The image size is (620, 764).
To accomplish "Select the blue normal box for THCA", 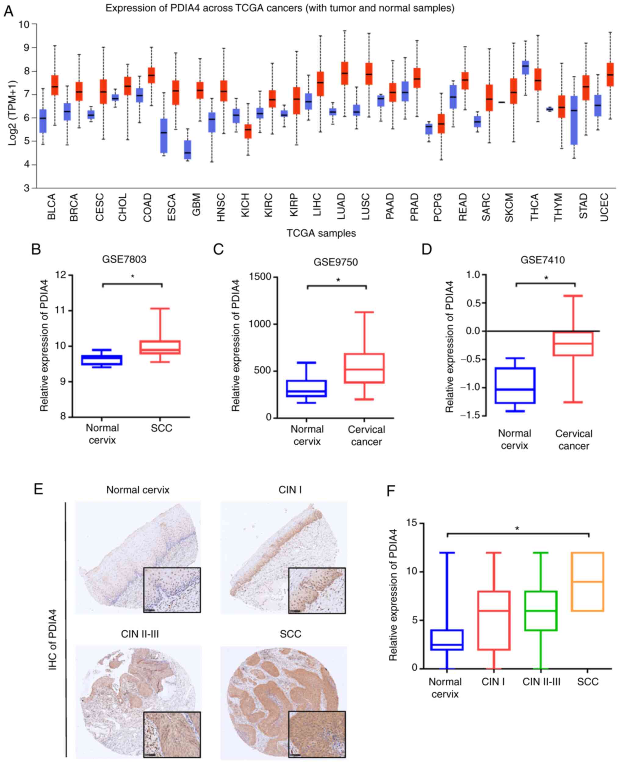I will click(525, 67).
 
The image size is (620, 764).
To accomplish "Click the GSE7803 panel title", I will click(124, 259).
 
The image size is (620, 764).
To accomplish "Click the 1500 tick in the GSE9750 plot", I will click(260, 277).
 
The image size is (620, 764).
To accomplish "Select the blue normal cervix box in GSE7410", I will click(515, 386).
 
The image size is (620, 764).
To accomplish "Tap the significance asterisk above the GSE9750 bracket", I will click(338, 280).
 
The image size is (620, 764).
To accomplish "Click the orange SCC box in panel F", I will click(587, 582).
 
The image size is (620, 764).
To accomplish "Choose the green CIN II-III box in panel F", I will click(541, 611).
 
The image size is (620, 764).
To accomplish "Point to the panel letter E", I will click(38, 488).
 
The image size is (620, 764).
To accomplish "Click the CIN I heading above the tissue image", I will click(290, 489).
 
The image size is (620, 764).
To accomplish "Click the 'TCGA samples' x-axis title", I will click(321, 233).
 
